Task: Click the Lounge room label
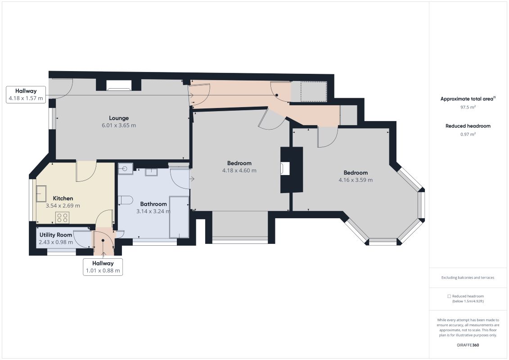pyautogui.click(x=119, y=118)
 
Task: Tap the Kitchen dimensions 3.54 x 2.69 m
pyautogui.click(x=63, y=206)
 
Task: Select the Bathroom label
pyautogui.click(x=153, y=204)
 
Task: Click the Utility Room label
pyautogui.click(x=56, y=235)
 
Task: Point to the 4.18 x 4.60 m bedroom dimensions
pyautogui.click(x=239, y=171)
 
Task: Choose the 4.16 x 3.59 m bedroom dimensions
pyautogui.click(x=356, y=180)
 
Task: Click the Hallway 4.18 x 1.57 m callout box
pyautogui.click(x=26, y=94)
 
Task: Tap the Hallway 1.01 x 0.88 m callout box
pyautogui.click(x=103, y=267)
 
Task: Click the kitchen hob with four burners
pyautogui.click(x=62, y=217)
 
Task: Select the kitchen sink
pyautogui.click(x=41, y=193)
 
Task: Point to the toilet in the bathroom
pyautogui.click(x=125, y=200)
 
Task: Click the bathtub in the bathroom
pyautogui.click(x=179, y=217)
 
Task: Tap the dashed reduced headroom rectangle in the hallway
pyautogui.click(x=313, y=91)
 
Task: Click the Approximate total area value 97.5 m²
pyautogui.click(x=468, y=107)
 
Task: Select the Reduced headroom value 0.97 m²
pyautogui.click(x=468, y=134)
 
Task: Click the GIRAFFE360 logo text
pyautogui.click(x=468, y=345)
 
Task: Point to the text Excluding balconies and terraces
pyautogui.click(x=468, y=278)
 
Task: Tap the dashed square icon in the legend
pyautogui.click(x=449, y=296)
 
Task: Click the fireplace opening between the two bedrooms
pyautogui.click(x=285, y=168)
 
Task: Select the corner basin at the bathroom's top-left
pyautogui.click(x=125, y=168)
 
